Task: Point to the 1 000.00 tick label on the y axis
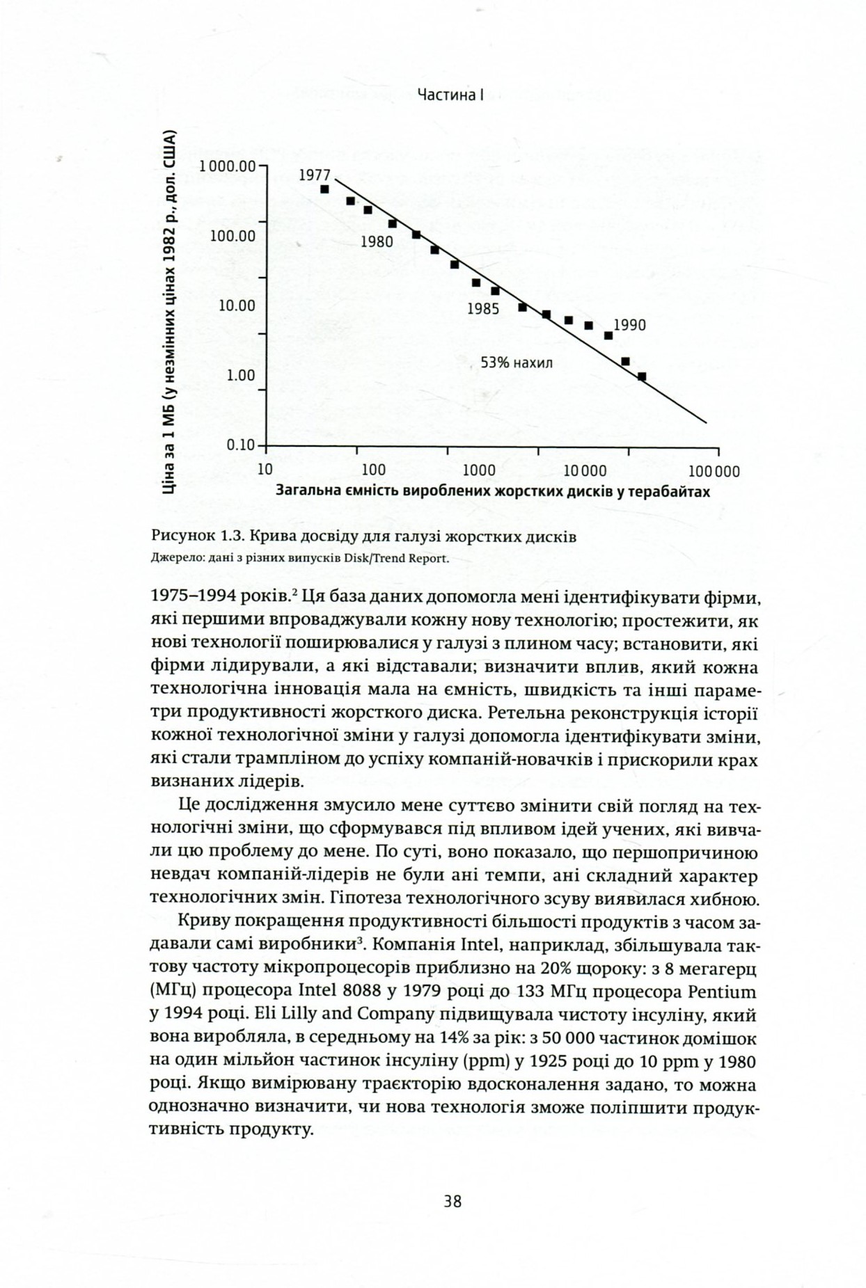[227, 166]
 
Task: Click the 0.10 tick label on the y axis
[242, 445]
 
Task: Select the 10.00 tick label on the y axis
[237, 305]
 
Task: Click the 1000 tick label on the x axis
[478, 470]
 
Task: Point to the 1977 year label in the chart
[315, 175]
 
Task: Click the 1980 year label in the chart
[377, 242]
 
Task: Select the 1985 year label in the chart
[483, 310]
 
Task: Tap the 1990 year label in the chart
[630, 325]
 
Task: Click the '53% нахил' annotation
[517, 363]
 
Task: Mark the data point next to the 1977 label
[324, 189]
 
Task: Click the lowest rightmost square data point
[642, 376]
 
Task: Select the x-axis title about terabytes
[493, 491]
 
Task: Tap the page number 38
[452, 1202]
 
